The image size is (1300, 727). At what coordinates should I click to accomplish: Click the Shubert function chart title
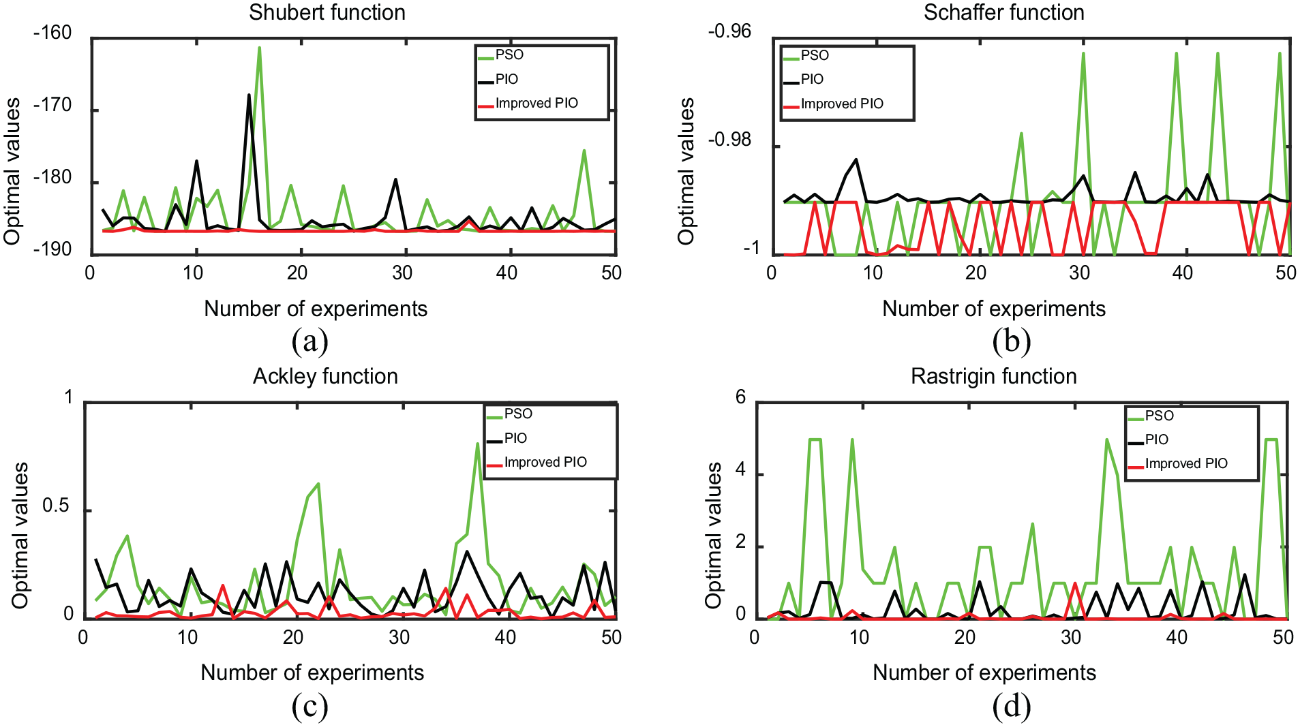pos(327,12)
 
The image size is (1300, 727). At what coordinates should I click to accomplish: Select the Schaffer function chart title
pos(1003,12)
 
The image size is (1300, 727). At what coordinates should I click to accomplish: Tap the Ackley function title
pos(325,376)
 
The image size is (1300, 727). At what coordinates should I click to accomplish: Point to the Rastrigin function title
pos(993,376)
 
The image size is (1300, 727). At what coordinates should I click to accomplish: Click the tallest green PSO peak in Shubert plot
pos(260,48)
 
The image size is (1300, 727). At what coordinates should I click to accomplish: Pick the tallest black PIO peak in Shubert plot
pos(250,95)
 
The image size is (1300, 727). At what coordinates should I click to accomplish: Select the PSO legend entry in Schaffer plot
pos(806,56)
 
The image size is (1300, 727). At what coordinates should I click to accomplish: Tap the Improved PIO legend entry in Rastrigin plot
pos(1177,464)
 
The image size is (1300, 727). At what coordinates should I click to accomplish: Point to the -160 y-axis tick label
pos(52,33)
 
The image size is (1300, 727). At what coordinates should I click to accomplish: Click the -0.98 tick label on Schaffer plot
pos(729,140)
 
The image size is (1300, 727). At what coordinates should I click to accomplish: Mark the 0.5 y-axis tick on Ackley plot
pos(56,506)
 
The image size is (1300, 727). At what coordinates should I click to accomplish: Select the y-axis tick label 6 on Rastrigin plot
pos(741,397)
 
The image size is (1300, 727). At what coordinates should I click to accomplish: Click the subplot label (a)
pos(310,341)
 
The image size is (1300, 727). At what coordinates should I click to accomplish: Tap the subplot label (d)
pos(1012,706)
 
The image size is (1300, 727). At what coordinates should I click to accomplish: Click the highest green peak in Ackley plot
pos(478,444)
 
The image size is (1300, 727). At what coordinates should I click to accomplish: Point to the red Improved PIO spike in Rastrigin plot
pos(1075,583)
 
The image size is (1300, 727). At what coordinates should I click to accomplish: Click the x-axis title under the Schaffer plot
pos(994,309)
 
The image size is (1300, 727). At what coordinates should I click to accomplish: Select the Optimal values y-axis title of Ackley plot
pos(20,536)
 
